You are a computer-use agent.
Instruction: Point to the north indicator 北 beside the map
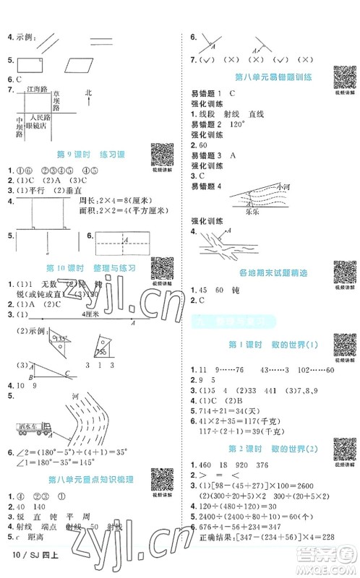[88, 92]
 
